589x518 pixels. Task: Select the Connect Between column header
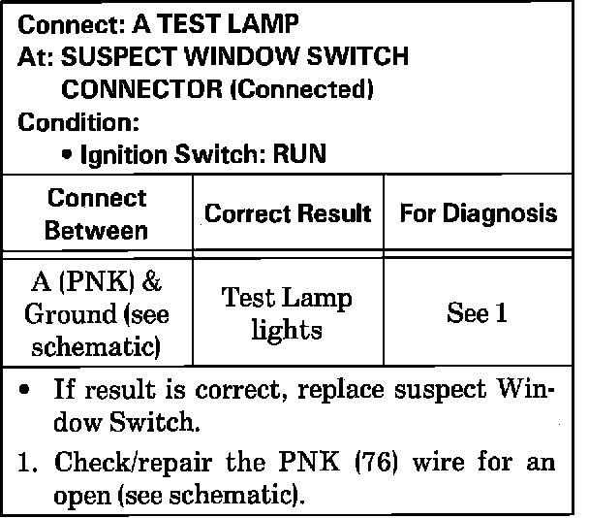[x=96, y=214]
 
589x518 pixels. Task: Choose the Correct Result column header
[x=288, y=213]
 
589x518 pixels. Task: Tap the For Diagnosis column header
[x=479, y=213]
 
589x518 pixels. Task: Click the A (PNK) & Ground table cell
[x=96, y=313]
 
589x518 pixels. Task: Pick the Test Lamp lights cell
[x=288, y=313]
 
